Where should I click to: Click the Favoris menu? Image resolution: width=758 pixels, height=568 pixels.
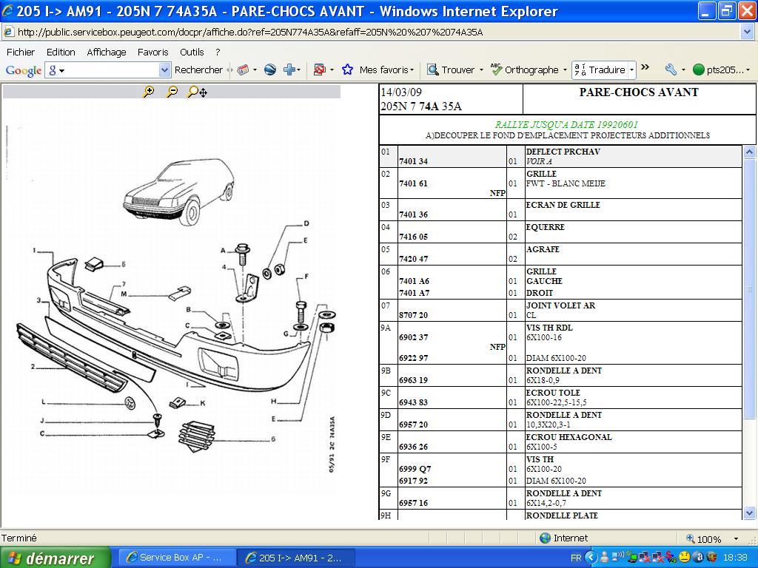pos(152,53)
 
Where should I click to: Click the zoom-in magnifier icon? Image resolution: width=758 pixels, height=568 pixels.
pos(148,91)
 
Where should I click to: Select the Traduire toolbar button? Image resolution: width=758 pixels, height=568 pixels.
pos(603,70)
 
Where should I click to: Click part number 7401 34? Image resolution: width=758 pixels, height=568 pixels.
pos(413,161)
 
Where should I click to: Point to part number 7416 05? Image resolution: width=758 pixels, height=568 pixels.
pos(413,237)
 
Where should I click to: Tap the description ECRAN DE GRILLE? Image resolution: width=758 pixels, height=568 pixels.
pos(563,205)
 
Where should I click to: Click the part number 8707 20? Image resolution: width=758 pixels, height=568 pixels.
pos(413,315)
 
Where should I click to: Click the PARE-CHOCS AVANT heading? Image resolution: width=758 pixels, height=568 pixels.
pos(639,92)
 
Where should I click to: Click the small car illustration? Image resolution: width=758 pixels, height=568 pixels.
pos(179,192)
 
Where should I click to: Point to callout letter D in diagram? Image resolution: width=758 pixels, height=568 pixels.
pos(306,223)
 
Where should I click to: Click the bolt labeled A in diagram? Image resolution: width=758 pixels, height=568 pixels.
pos(243,254)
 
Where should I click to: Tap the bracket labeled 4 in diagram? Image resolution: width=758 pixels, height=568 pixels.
pos(249,289)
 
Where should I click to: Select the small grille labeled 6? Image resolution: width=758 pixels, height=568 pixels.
pos(197,436)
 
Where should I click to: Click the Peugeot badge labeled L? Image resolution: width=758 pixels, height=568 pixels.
pos(130,403)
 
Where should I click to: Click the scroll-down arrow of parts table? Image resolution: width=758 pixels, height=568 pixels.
pos(749,513)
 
